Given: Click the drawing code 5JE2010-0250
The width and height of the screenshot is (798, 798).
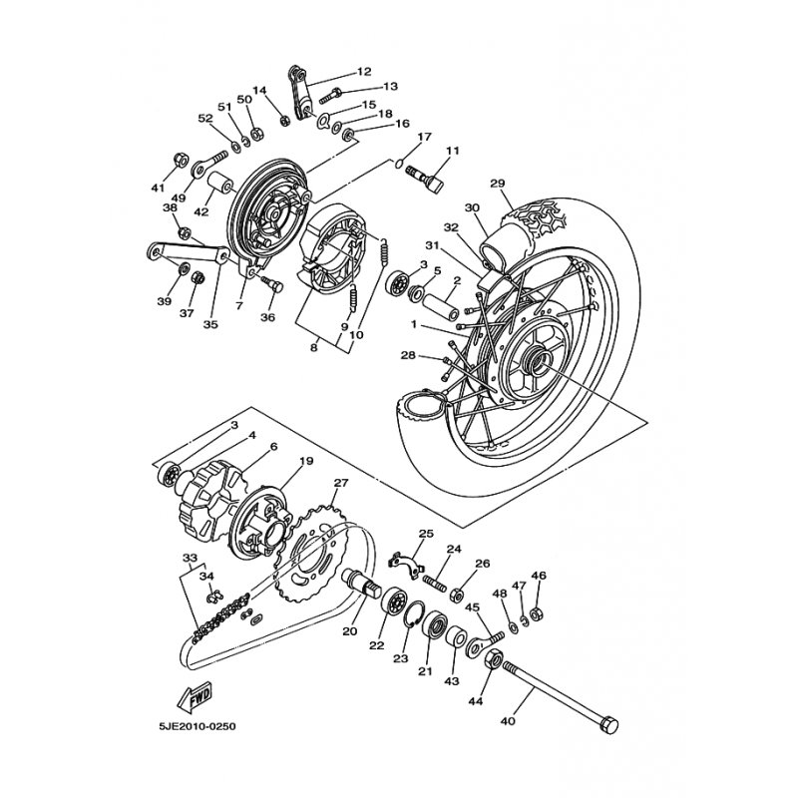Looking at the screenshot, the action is pyautogui.click(x=198, y=726).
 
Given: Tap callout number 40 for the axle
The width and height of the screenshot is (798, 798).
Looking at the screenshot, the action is pyautogui.click(x=508, y=720).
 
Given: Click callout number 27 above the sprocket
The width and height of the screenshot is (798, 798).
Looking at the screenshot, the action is pyautogui.click(x=340, y=482).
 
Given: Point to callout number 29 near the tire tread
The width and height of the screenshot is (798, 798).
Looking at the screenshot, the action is pyautogui.click(x=498, y=183).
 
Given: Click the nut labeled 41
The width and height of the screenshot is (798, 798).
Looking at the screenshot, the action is pyautogui.click(x=182, y=160).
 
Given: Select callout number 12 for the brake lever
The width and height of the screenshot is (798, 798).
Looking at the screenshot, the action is pyautogui.click(x=364, y=71).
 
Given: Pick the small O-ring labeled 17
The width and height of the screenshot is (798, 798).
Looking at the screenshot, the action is pyautogui.click(x=400, y=163).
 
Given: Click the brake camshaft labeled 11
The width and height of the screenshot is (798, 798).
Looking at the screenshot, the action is pyautogui.click(x=427, y=180).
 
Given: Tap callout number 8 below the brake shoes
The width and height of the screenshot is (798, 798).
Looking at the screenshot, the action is pyautogui.click(x=313, y=348).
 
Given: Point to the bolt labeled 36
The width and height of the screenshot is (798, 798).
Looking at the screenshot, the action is pyautogui.click(x=272, y=284).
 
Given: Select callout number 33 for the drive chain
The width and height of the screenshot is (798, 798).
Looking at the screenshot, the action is pyautogui.click(x=190, y=558).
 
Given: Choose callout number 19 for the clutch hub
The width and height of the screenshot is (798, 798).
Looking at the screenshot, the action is pyautogui.click(x=306, y=461).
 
